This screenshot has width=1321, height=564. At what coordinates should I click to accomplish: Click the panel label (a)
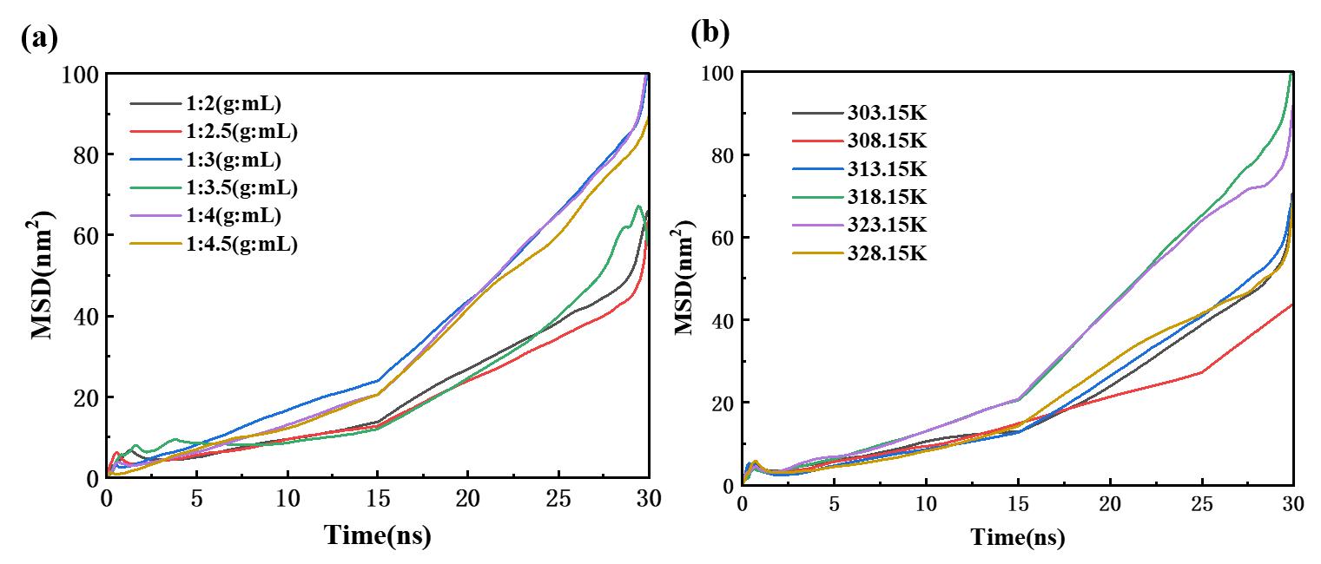[39, 40]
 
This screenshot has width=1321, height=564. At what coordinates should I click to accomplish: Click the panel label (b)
[710, 32]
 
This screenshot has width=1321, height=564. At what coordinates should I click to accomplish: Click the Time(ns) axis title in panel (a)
[378, 534]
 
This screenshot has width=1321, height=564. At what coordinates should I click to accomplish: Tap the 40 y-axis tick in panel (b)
[720, 321]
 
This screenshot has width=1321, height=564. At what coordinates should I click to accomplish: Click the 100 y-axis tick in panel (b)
[714, 74]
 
